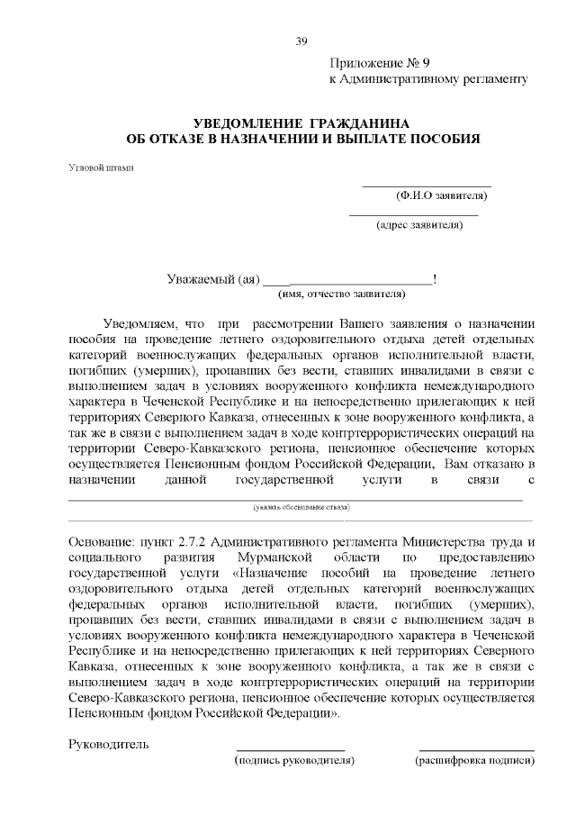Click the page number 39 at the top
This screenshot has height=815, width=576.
[301, 40]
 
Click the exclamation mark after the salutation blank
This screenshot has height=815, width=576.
[436, 279]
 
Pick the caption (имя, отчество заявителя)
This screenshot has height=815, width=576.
[341, 293]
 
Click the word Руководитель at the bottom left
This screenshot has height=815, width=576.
[109, 744]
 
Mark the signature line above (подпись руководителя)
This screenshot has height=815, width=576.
[290, 750]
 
